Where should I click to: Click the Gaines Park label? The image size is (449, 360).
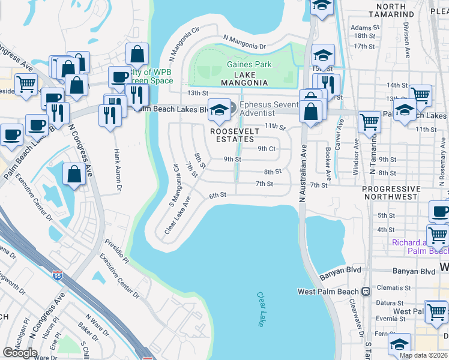pyautogui.click(x=249, y=65)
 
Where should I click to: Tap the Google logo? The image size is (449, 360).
pyautogui.click(x=20, y=353)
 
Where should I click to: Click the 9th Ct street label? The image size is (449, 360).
pyautogui.click(x=267, y=148)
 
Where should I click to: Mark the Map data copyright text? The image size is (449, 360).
pyautogui.click(x=423, y=355)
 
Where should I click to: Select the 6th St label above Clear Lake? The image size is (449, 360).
pyautogui.click(x=217, y=195)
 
